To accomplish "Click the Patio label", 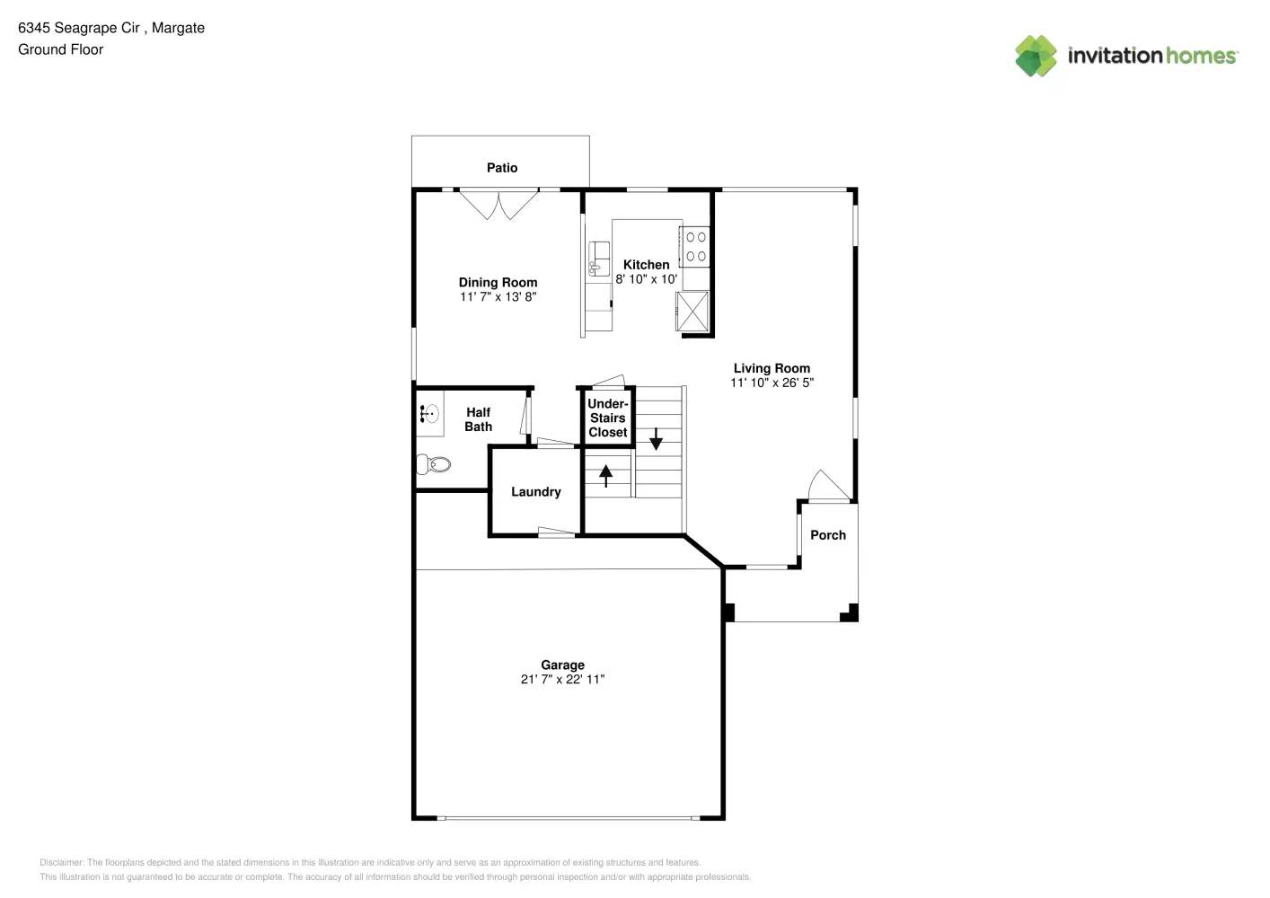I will coord(501,168).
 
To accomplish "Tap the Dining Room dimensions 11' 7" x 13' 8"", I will coord(498,297).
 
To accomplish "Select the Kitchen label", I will coord(646,265).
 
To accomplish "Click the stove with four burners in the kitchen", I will coord(695,247).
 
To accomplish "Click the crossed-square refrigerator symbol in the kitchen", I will coord(692,311).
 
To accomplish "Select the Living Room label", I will coord(772,368).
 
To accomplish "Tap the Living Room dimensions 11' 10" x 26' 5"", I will coord(772,383).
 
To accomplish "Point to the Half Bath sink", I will coord(429,414).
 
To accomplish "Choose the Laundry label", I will coord(535,492).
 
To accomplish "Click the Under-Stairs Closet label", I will coord(607,418).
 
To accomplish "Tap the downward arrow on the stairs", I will coord(656,439).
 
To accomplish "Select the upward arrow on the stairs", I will coord(605,475).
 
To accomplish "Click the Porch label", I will coord(827,535).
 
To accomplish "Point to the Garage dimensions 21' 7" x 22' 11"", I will coord(562,680).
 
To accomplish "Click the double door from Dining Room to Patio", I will coord(498,204).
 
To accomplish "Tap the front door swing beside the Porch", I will coord(827,486).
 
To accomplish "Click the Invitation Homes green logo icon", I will coord(1036,56).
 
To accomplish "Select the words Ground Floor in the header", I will coord(60,49).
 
